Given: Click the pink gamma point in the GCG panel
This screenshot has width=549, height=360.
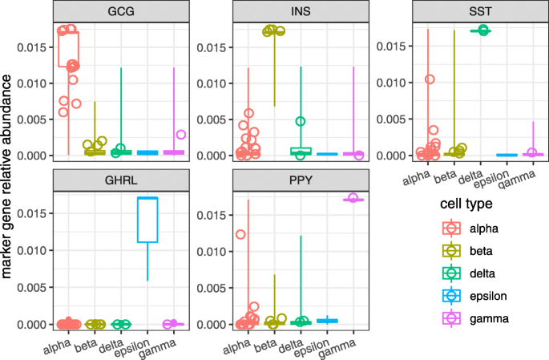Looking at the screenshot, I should click(x=181, y=135).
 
